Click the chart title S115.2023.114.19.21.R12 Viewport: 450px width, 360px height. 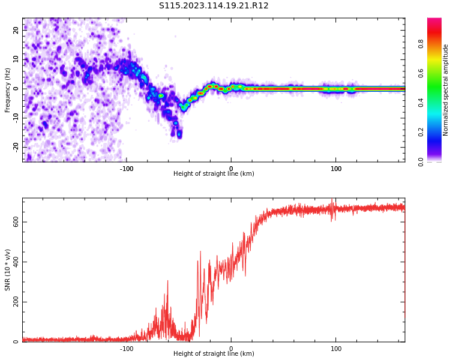(214, 6)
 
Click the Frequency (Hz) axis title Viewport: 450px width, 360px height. (8, 90)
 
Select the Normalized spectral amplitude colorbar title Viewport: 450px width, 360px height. (446, 90)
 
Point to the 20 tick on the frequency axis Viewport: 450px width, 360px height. (16, 30)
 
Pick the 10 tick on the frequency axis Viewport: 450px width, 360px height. (16, 59)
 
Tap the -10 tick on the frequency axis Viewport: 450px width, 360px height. (16, 118)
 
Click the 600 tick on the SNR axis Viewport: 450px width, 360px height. (16, 222)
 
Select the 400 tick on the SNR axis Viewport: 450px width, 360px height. (16, 262)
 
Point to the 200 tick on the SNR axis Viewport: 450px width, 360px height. (16, 302)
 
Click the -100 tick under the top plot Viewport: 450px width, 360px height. (127, 169)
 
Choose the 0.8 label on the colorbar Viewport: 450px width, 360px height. (421, 44)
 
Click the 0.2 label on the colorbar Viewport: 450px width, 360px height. (421, 132)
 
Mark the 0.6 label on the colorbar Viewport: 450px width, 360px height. (421, 73)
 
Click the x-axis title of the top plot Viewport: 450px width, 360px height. (214, 174)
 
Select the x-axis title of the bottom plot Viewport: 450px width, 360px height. (214, 354)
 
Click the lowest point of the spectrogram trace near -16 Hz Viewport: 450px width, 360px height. (179, 136)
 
